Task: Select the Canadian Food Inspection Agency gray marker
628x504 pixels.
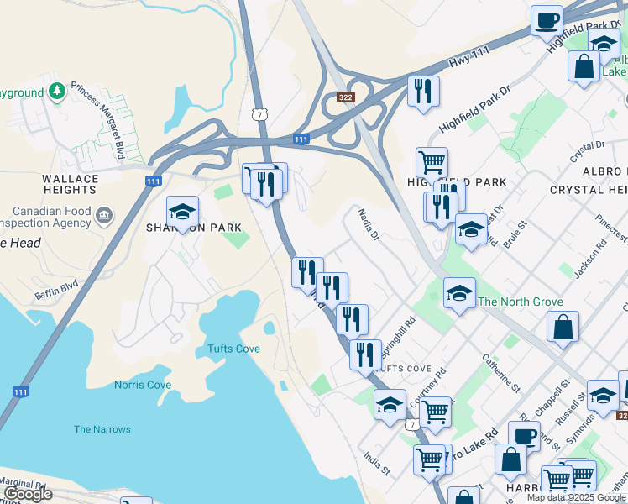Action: [x=104, y=215]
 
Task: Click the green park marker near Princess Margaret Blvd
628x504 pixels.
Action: [x=57, y=90]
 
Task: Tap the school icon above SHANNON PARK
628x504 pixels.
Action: [x=182, y=213]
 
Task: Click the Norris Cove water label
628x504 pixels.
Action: [x=143, y=385]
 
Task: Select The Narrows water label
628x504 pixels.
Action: [x=102, y=429]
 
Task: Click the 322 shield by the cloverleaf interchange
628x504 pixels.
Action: [x=346, y=97]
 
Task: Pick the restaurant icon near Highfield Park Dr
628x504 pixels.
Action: [x=423, y=91]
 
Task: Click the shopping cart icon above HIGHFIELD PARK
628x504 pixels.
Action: [x=432, y=162]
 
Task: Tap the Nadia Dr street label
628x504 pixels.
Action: [x=370, y=225]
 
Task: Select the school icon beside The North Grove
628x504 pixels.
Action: [x=459, y=294]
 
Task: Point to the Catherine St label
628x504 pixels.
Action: [x=497, y=370]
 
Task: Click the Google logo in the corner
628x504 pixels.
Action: [x=28, y=493]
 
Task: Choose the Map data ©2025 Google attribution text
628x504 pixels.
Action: [x=576, y=497]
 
